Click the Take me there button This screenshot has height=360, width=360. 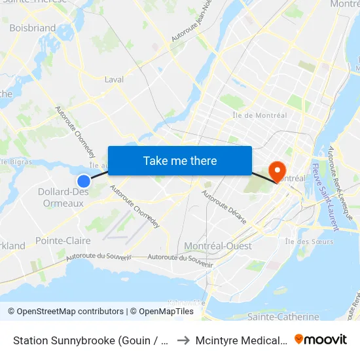(180, 160)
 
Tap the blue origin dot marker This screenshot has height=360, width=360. (84, 181)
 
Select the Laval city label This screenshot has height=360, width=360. (115, 79)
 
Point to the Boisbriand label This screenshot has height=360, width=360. (33, 28)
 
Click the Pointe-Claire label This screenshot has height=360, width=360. (63, 241)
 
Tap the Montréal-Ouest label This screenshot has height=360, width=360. (213, 245)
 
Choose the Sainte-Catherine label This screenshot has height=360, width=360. (283, 317)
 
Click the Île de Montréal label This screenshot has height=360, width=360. (260, 116)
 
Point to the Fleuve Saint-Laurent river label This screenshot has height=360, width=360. (326, 196)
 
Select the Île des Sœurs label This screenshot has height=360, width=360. (309, 241)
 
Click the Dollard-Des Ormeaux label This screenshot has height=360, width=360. (63, 197)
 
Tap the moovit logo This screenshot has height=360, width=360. (321, 339)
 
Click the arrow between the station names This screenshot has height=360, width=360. (184, 340)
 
